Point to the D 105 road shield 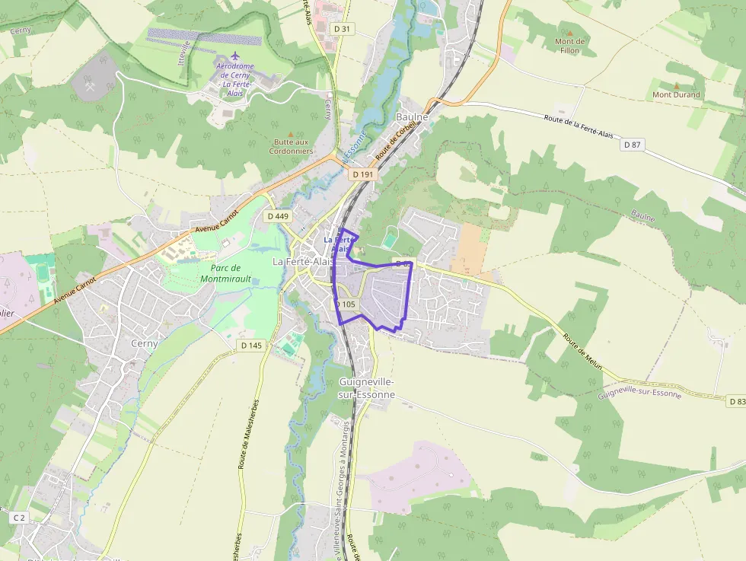coord(346,304)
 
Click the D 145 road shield coord(251,346)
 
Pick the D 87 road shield coord(633,145)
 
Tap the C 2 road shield coord(19,518)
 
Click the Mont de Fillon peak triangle coord(569,33)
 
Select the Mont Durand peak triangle coord(676,86)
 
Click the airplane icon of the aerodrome coord(234,58)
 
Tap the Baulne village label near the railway coord(413,117)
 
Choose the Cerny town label coord(145,343)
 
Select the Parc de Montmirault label coord(225,273)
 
